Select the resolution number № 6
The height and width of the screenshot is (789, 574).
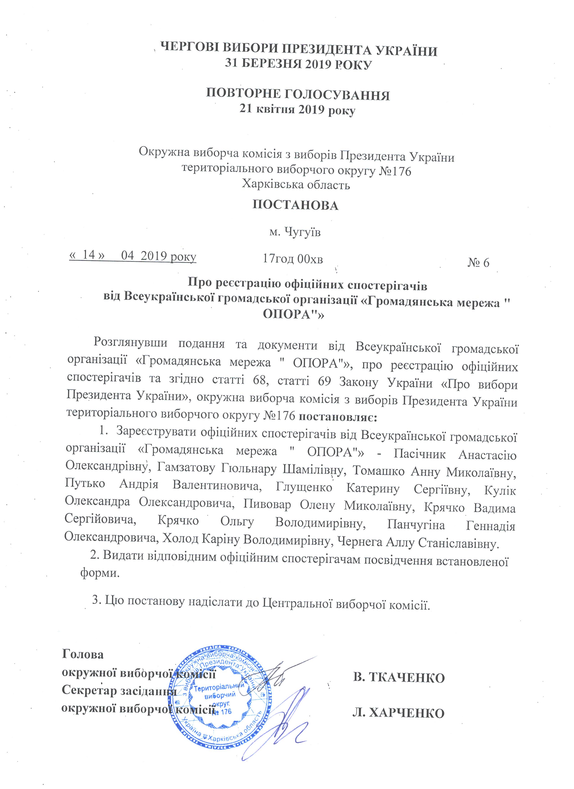479,263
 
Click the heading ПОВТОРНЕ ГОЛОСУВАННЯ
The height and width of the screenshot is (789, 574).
298,95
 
